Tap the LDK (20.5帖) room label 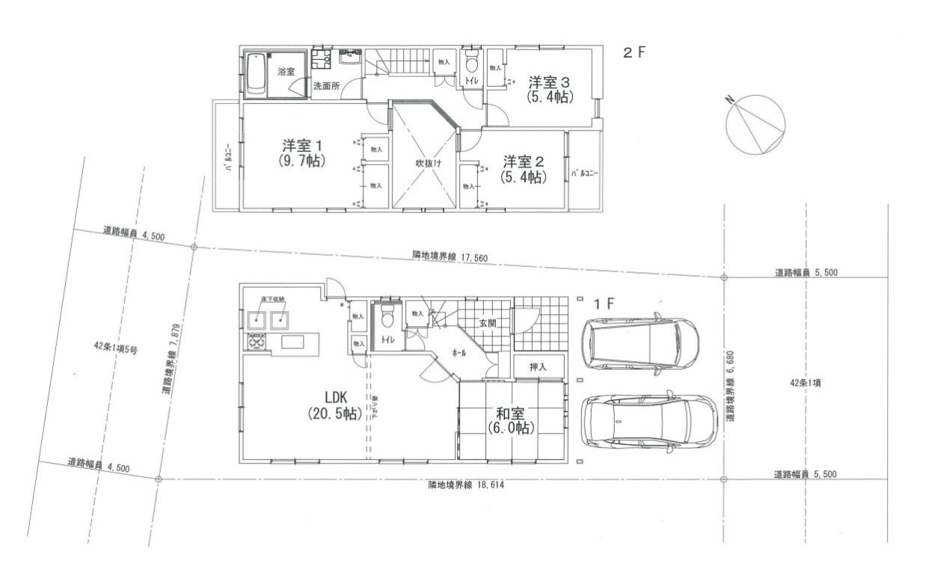point(332,405)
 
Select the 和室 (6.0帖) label point(510,419)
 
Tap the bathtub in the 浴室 point(257,75)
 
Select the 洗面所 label point(326,86)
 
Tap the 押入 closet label point(538,366)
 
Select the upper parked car point(641,345)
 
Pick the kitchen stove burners point(254,343)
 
